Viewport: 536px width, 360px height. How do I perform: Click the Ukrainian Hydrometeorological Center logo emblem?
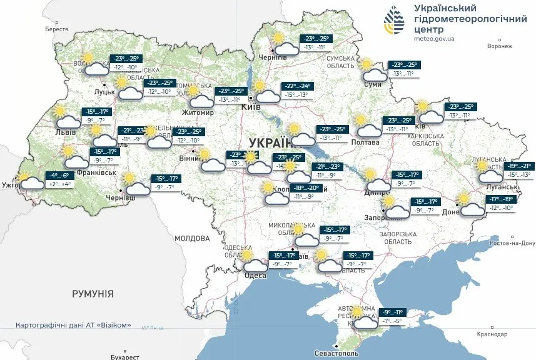pyautogui.click(x=393, y=23)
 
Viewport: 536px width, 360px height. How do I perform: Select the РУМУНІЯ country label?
pyautogui.click(x=93, y=293)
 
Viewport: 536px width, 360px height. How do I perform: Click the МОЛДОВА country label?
pyautogui.click(x=193, y=238)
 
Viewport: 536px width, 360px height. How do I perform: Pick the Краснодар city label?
pyautogui.click(x=491, y=334)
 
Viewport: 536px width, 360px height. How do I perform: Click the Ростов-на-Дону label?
pyautogui.click(x=513, y=243)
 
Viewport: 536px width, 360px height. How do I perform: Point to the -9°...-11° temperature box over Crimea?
pyautogui.click(x=392, y=312)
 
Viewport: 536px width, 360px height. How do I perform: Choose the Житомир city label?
pyautogui.click(x=198, y=113)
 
